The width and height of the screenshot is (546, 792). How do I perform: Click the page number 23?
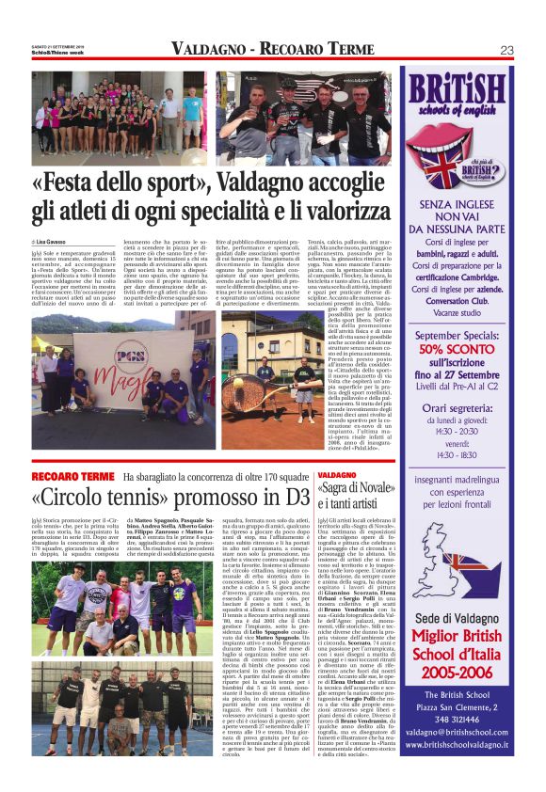coord(506,50)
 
